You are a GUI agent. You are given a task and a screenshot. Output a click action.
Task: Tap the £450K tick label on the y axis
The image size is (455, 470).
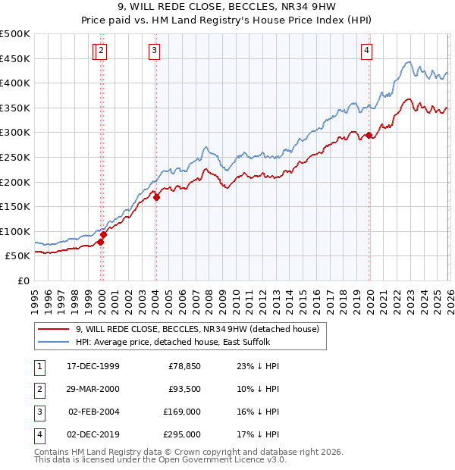(x=15, y=58)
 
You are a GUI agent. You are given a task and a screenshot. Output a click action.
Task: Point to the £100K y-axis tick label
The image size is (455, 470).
(x=15, y=231)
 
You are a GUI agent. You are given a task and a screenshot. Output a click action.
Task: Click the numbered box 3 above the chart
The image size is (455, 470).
(x=154, y=51)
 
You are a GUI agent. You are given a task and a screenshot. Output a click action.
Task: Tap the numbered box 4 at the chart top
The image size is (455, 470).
(x=366, y=51)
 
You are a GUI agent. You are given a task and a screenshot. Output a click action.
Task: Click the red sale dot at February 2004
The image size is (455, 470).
(x=156, y=197)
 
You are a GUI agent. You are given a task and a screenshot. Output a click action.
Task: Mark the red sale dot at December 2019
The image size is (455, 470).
(x=369, y=136)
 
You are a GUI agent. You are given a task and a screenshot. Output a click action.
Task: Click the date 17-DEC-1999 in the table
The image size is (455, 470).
(x=93, y=366)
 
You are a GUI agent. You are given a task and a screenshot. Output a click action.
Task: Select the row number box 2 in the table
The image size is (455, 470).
(x=39, y=389)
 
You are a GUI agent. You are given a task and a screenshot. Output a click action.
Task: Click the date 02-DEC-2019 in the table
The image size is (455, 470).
(x=93, y=434)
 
